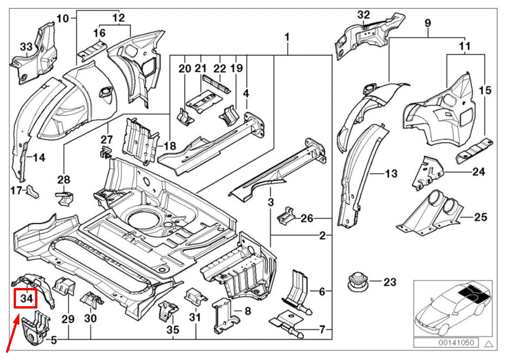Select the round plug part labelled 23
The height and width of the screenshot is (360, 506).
356,282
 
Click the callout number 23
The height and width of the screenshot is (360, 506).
389,283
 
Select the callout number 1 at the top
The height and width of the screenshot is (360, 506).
287,36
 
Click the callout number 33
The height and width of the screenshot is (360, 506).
26,46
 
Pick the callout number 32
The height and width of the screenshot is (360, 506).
363,15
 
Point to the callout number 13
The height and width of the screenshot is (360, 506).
391,174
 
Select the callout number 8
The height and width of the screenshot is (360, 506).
248,312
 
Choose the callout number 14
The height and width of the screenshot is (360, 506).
39,158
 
